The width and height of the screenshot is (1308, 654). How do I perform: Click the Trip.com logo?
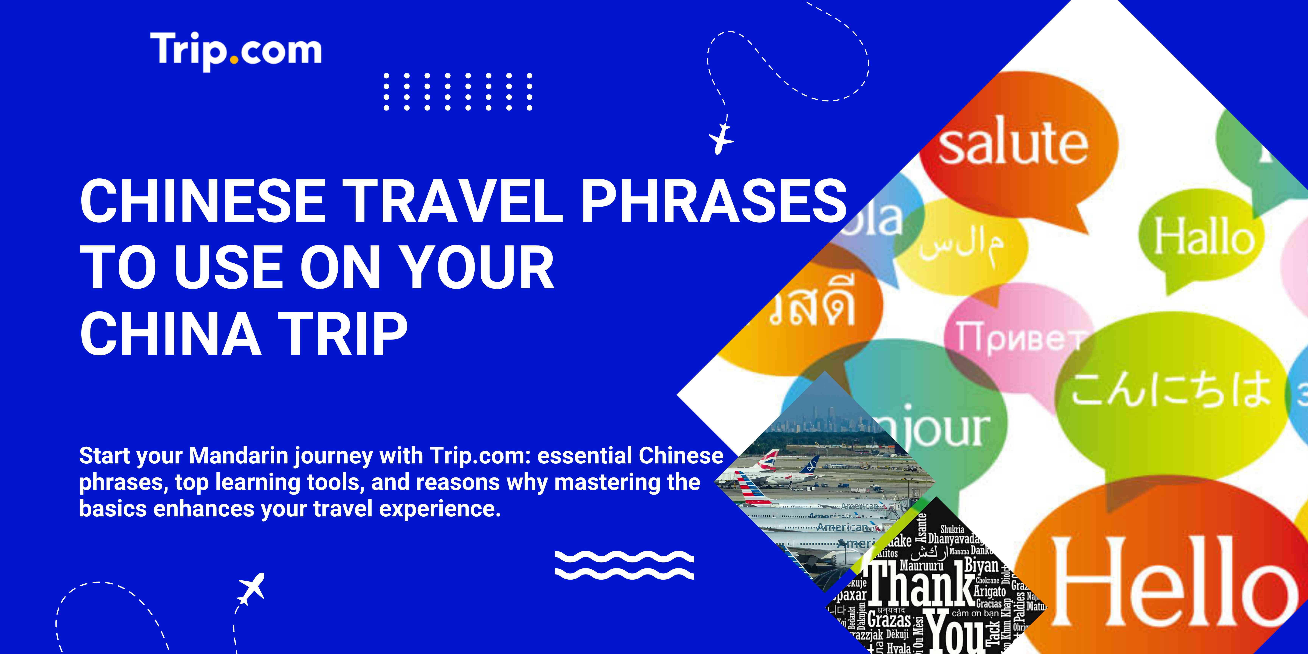(236, 51)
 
